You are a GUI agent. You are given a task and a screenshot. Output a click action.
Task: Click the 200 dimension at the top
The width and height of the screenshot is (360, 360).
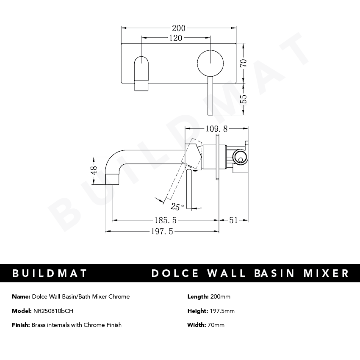[x=178, y=28]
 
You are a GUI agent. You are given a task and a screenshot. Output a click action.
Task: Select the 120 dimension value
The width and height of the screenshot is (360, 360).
[x=175, y=38]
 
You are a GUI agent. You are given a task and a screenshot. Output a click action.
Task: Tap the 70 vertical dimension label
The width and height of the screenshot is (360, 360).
[x=243, y=63]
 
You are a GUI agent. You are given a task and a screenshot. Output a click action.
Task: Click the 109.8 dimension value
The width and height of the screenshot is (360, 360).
[x=216, y=128]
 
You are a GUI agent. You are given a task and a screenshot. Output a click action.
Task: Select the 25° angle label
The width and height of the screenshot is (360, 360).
[x=177, y=207]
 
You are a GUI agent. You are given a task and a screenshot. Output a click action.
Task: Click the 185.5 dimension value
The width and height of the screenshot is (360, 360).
[x=163, y=220]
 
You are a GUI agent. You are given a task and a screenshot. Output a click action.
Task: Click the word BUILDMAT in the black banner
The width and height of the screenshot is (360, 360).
[x=50, y=273]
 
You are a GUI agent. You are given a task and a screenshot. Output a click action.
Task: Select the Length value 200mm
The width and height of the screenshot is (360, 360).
[x=220, y=296]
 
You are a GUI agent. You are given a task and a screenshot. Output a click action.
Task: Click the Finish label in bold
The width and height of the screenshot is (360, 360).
[x=21, y=325]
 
